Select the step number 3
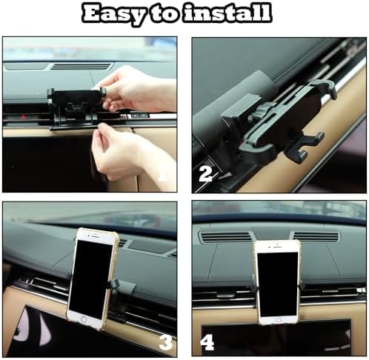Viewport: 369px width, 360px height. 164,342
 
